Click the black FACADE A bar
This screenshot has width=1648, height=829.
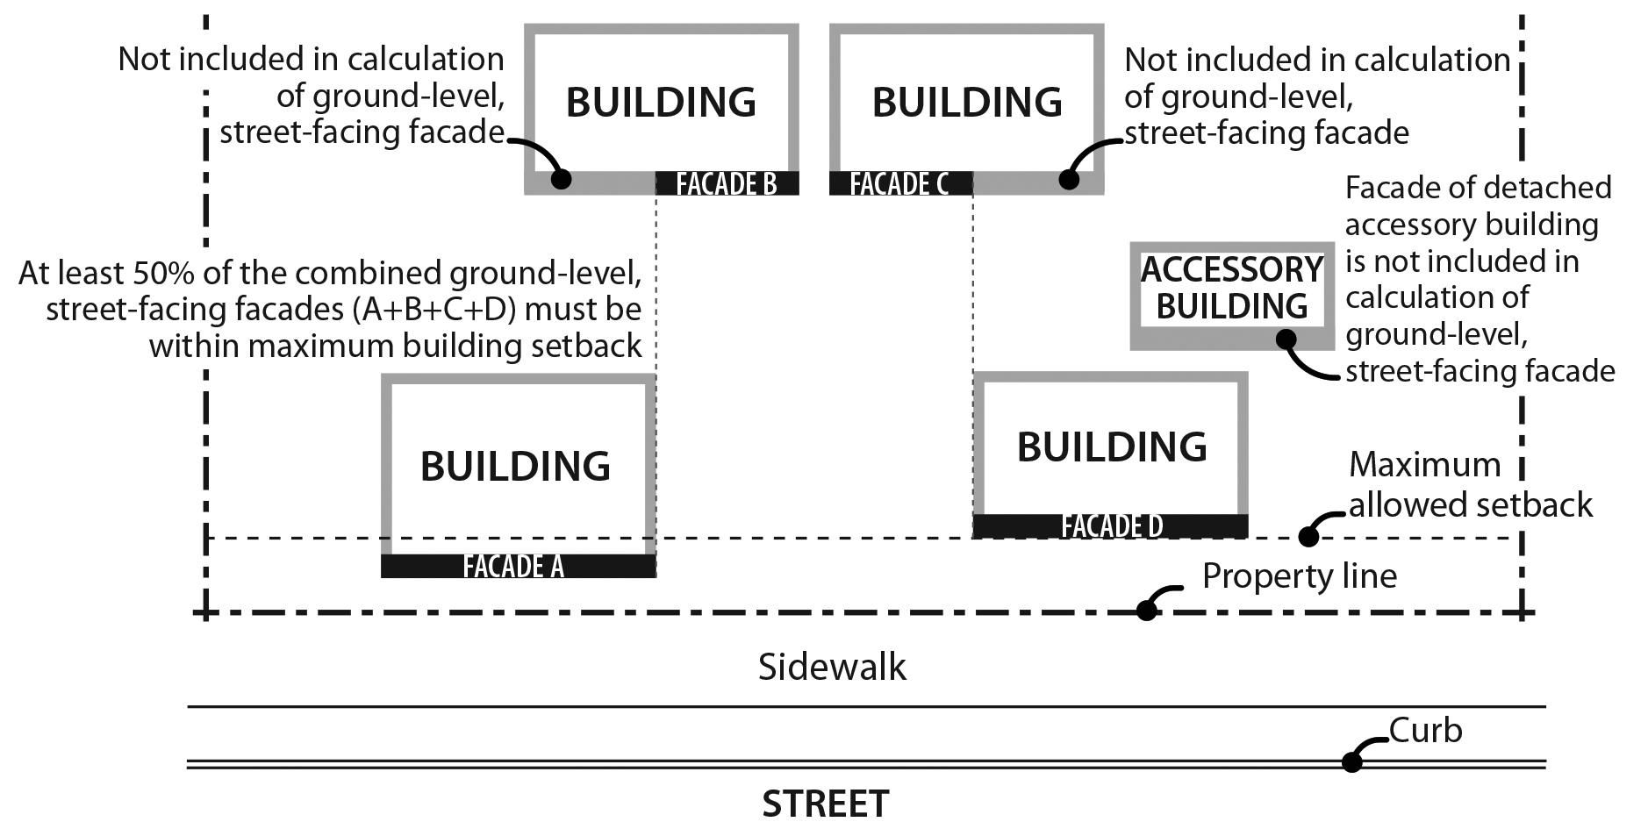(518, 566)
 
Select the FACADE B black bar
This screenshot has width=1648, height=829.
(727, 183)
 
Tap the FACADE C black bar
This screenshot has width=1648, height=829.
(900, 183)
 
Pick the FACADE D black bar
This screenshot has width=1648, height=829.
(1110, 525)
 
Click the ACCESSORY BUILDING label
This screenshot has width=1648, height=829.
(1231, 288)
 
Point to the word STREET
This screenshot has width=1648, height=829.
(825, 804)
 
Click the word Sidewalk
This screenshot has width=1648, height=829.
(831, 668)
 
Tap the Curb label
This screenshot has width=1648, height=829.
(1426, 731)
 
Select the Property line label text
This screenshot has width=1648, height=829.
(1299, 576)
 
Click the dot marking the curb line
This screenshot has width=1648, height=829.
(1351, 762)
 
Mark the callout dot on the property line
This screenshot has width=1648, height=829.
(1146, 611)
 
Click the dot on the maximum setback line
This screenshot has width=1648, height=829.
(1308, 536)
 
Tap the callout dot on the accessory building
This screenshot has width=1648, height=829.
(1286, 339)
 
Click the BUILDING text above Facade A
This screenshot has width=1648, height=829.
(515, 466)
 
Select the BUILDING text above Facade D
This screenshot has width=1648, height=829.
(1112, 447)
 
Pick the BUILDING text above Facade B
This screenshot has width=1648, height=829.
(661, 102)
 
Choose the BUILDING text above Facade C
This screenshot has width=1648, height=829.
(967, 102)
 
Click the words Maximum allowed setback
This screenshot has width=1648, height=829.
(1470, 484)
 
